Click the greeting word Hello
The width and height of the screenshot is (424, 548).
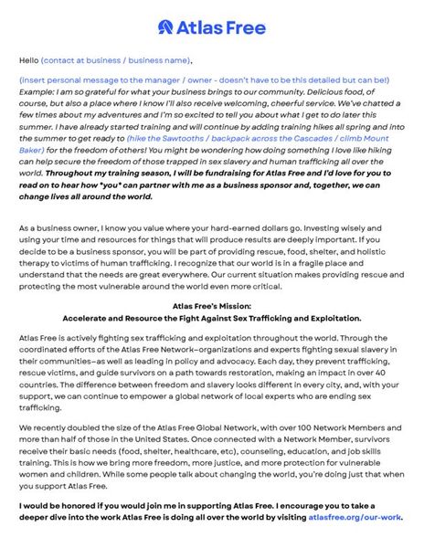pos(28,60)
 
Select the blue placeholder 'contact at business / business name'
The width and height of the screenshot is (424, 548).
pos(117,60)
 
